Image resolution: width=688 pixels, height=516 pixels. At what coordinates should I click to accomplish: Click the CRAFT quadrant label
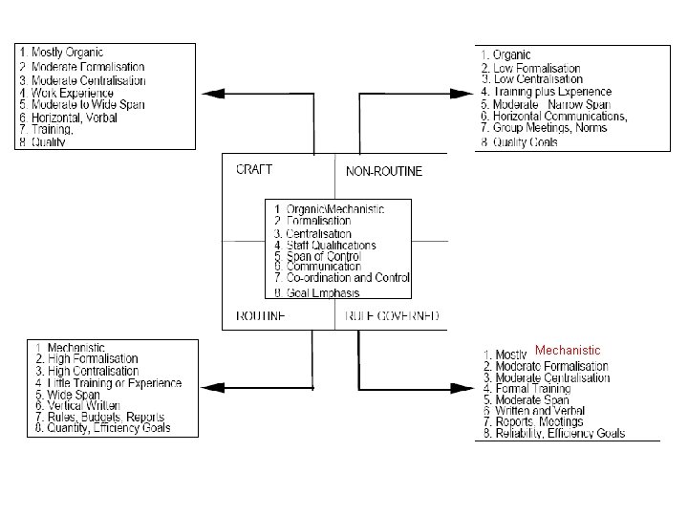pos(254,169)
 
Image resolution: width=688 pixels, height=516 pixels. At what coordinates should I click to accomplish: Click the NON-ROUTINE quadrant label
pos(383,172)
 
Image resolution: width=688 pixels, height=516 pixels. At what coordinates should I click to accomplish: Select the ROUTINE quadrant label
pos(260,315)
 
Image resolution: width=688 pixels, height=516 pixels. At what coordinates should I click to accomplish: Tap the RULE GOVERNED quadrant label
pos(392,315)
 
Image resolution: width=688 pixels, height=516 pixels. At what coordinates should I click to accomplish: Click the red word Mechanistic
pos(568,351)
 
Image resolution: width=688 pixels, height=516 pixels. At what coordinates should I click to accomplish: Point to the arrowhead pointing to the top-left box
pos(211,93)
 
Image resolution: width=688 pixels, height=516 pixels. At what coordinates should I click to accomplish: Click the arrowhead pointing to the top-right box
pos(463,93)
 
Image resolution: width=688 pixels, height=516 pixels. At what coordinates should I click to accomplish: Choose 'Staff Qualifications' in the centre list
pos(331,246)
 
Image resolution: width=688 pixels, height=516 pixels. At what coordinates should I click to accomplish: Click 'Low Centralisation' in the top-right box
pos(537,80)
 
